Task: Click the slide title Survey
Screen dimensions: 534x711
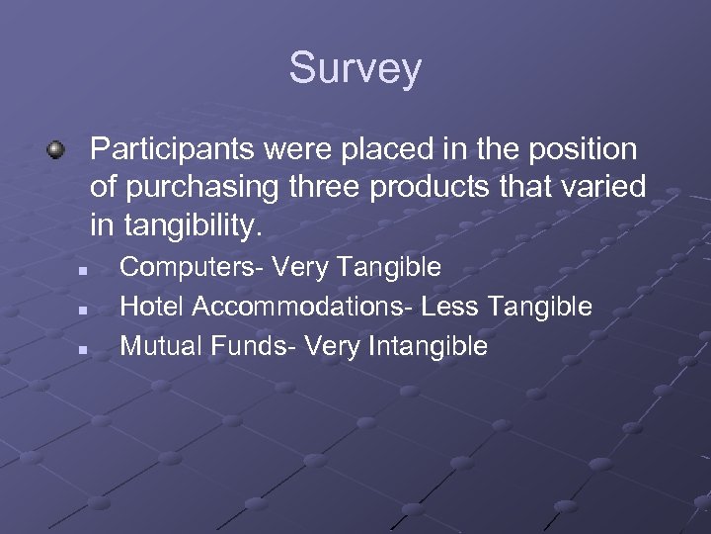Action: pyautogui.click(x=355, y=69)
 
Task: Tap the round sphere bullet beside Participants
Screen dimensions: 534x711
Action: pyautogui.click(x=56, y=151)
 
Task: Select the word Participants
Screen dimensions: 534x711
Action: pyautogui.click(x=164, y=150)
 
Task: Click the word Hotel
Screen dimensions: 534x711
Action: pyautogui.click(x=152, y=307)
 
